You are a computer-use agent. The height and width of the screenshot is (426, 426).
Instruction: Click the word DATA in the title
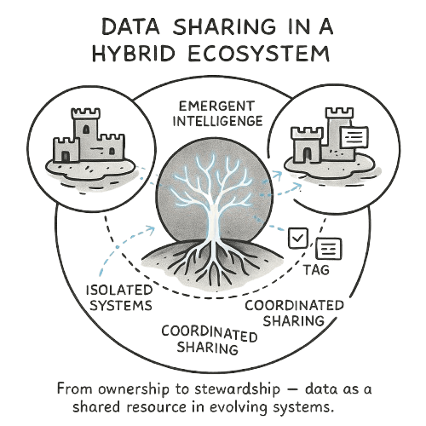(130, 26)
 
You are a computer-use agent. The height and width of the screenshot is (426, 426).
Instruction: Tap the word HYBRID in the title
(133, 54)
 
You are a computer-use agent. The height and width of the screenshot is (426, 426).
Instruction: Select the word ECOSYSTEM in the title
(259, 54)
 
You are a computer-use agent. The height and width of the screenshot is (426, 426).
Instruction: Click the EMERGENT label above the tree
(217, 106)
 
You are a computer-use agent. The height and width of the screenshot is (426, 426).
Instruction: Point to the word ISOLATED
(119, 291)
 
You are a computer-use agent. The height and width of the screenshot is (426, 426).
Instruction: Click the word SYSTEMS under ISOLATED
(121, 305)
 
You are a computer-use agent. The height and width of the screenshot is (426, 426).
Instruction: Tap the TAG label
(316, 269)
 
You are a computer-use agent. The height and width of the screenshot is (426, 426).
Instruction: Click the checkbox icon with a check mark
(298, 238)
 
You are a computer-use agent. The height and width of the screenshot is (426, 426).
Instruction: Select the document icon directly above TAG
(329, 249)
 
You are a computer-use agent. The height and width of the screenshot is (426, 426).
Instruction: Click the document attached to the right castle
(354, 137)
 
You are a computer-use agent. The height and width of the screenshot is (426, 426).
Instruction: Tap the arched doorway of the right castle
(308, 155)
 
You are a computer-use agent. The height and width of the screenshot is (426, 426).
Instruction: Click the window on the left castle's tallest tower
(85, 130)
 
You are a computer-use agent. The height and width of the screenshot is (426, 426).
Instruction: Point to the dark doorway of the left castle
(66, 156)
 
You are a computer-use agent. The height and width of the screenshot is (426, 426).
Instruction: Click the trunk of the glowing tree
(214, 222)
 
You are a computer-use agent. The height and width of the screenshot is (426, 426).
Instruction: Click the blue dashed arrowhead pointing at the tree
(151, 228)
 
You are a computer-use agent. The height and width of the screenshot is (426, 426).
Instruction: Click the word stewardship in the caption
(237, 389)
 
